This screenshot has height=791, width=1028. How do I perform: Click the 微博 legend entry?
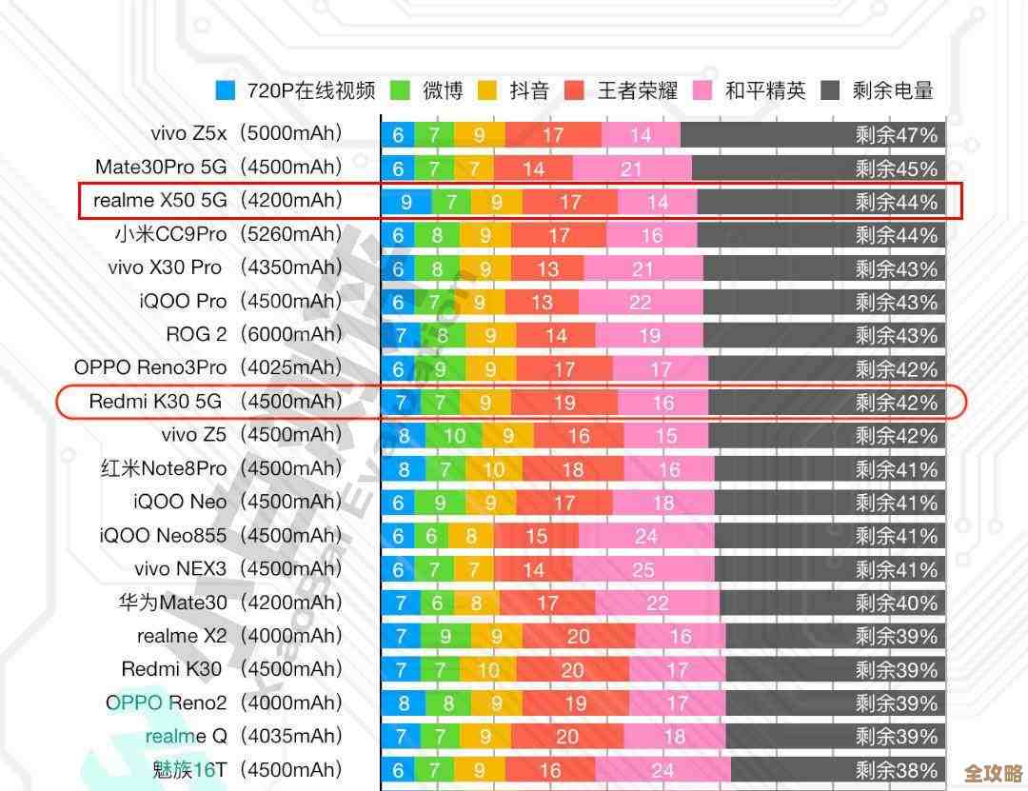(x=427, y=90)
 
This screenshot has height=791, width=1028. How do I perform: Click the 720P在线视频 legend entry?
(x=296, y=90)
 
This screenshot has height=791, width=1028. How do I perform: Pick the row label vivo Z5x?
(x=188, y=134)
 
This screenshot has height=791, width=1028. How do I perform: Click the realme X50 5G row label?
(x=160, y=201)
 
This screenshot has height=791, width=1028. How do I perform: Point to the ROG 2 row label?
(x=196, y=335)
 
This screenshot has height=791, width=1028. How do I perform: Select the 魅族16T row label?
(x=189, y=769)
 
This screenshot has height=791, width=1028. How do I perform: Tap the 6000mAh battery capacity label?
(x=290, y=335)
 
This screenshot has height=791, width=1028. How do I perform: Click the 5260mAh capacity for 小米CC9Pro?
(x=290, y=234)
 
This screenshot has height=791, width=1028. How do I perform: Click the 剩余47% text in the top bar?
(x=896, y=135)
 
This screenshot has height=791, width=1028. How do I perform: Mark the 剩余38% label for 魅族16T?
(x=896, y=770)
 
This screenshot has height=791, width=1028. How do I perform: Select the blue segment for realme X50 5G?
(x=406, y=202)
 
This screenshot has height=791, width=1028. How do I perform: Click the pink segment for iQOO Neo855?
(x=646, y=537)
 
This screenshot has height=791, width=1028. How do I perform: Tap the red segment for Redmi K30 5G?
(x=564, y=403)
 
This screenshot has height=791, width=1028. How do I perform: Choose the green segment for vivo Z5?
(x=454, y=436)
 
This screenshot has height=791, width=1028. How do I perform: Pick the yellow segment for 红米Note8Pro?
(x=493, y=469)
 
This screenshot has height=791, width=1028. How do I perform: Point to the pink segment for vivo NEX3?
(x=643, y=570)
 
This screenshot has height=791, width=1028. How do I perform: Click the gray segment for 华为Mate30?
(x=833, y=603)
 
